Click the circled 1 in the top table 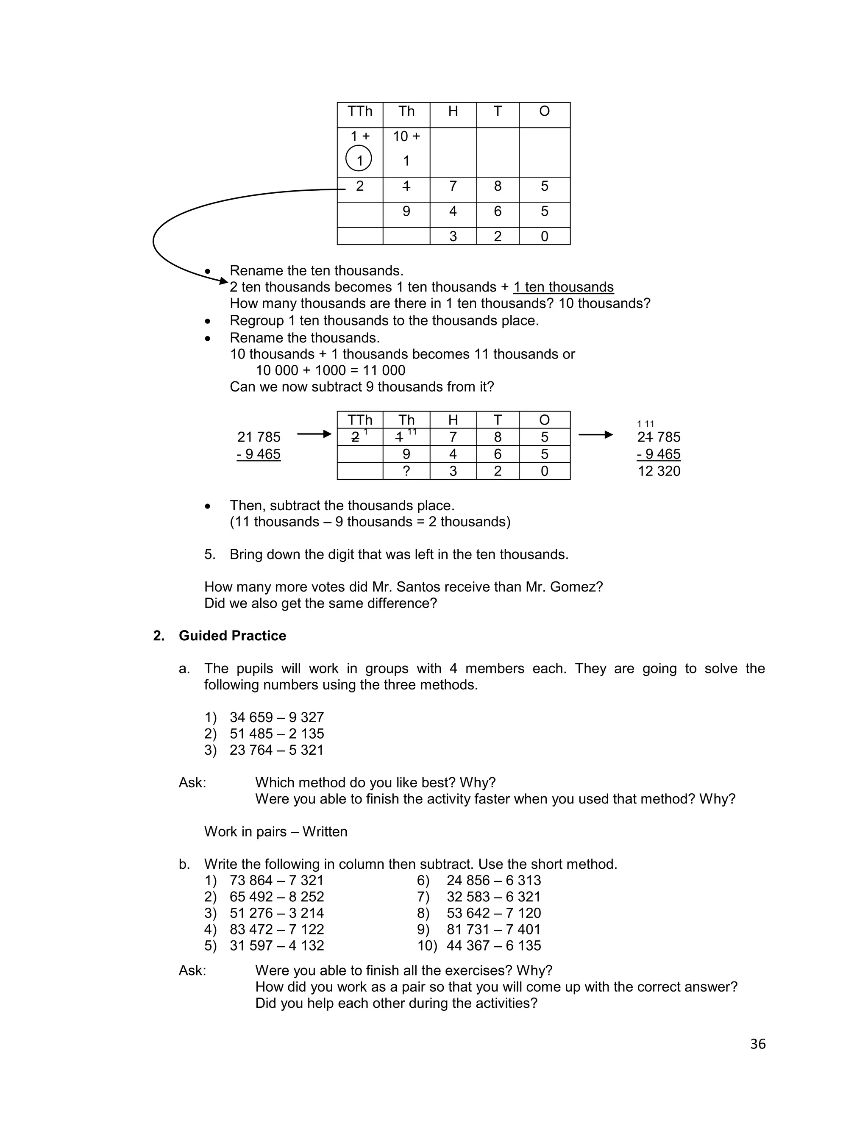click(x=359, y=159)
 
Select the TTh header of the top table click(x=359, y=111)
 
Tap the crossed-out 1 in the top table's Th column click(x=406, y=186)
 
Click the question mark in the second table click(x=406, y=471)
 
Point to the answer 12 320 click(x=659, y=471)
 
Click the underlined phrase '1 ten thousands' click(x=563, y=287)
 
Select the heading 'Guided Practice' click(x=232, y=636)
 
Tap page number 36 click(x=757, y=1044)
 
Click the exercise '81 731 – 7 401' click(x=493, y=929)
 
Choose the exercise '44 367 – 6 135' click(x=493, y=945)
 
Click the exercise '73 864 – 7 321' click(x=277, y=880)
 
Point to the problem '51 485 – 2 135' click(x=277, y=734)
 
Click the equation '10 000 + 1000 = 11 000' click(x=330, y=370)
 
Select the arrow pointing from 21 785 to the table click(x=314, y=434)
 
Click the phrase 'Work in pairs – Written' click(x=275, y=831)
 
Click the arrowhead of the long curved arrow click(x=224, y=281)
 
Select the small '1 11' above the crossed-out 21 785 click(x=645, y=424)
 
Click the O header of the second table click(x=544, y=420)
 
